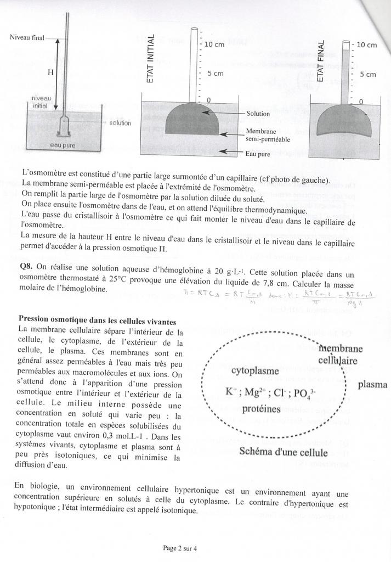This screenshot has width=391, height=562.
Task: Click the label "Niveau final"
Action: tap(27, 37)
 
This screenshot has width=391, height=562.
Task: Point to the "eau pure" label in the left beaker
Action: tap(64, 145)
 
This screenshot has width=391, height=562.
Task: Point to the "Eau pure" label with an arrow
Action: tap(258, 154)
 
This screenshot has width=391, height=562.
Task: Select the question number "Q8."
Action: tap(26, 265)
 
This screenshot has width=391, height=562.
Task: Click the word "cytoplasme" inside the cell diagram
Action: tap(255, 371)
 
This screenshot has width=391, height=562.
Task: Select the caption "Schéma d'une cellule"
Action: tap(284, 453)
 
